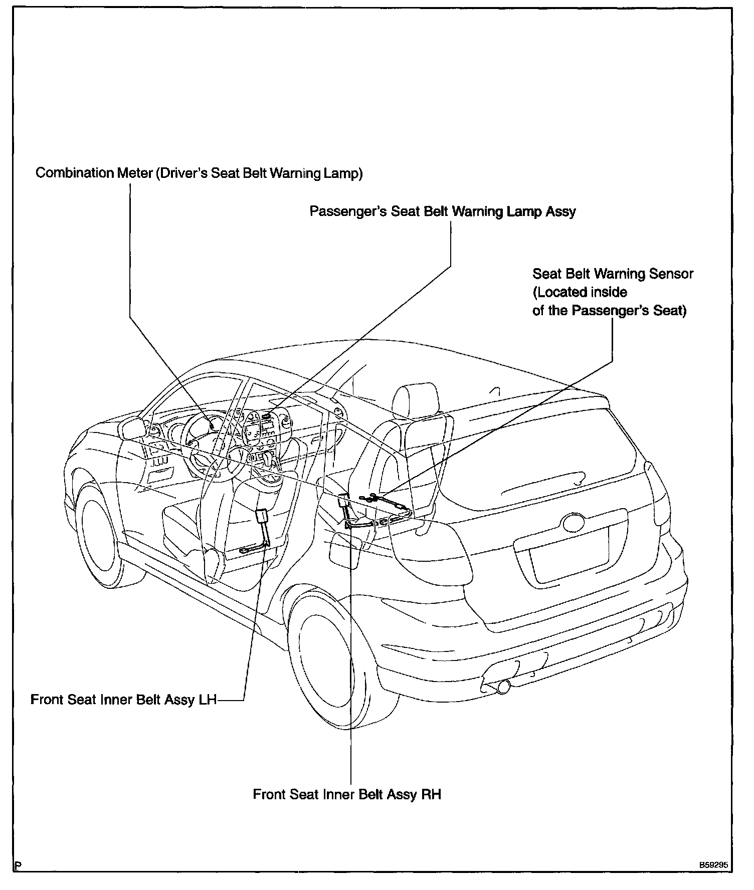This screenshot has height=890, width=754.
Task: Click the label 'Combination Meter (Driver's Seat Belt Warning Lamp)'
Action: click(199, 173)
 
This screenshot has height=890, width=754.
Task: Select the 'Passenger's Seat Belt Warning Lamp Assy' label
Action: click(443, 211)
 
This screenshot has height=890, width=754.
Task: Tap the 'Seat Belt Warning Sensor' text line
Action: click(613, 274)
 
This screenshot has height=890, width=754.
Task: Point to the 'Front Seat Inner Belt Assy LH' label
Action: click(123, 700)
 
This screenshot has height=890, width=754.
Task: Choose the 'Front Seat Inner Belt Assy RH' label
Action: click(347, 794)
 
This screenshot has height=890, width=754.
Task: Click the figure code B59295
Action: click(714, 864)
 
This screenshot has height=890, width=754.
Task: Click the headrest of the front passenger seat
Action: click(416, 400)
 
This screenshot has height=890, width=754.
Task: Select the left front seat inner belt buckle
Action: click(262, 517)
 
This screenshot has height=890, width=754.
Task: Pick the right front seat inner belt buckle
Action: click(343, 501)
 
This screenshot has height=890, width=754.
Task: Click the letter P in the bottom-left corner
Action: click(18, 865)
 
